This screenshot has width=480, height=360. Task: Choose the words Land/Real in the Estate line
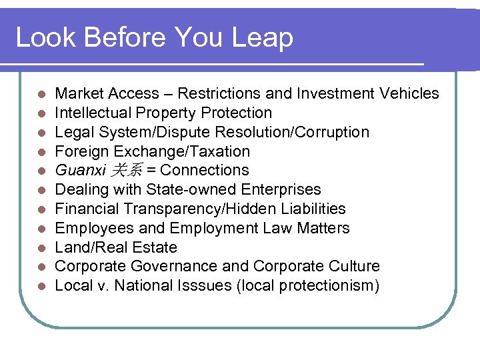(x=89, y=247)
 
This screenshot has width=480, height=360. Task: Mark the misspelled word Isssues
(x=201, y=286)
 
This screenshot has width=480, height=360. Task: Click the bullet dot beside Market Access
(x=41, y=94)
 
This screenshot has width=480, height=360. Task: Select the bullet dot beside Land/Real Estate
(x=41, y=247)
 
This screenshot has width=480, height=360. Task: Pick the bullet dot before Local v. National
(x=41, y=286)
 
